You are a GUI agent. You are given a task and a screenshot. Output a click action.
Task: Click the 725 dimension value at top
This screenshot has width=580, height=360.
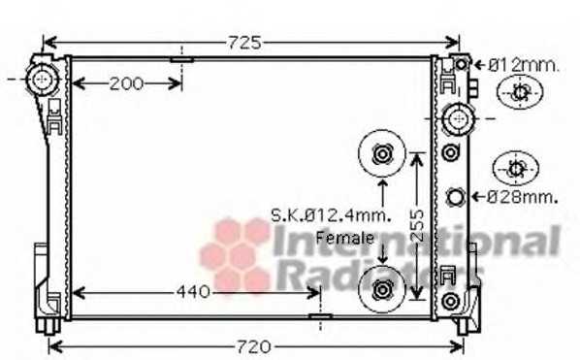pos(244,43)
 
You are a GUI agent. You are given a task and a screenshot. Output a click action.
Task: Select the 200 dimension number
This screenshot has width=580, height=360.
pos(126,84)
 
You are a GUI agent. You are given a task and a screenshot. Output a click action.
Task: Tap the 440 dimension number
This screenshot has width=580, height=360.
pos(193,292)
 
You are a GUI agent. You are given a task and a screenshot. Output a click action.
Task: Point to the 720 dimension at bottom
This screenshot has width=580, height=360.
pos(254,347)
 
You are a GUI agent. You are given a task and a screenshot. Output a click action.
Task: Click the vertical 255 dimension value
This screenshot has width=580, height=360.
pos(417,226)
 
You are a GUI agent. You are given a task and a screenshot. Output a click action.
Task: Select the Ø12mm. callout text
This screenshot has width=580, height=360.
pos(523,66)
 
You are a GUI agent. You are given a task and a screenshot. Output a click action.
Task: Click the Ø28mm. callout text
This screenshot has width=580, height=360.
pos(522,197)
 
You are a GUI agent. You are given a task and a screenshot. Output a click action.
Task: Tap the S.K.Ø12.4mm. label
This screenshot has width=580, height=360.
pos(331,215)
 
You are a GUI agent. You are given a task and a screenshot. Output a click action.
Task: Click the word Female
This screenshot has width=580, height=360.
pos(344,238)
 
